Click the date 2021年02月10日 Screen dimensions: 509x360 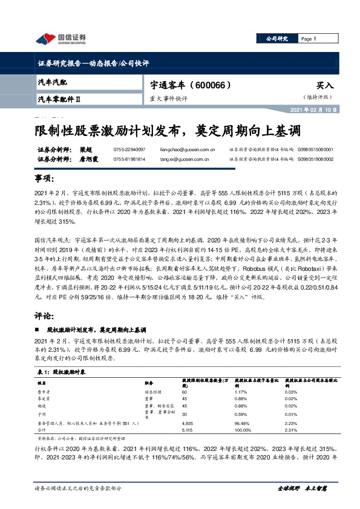(x=329, y=110)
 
